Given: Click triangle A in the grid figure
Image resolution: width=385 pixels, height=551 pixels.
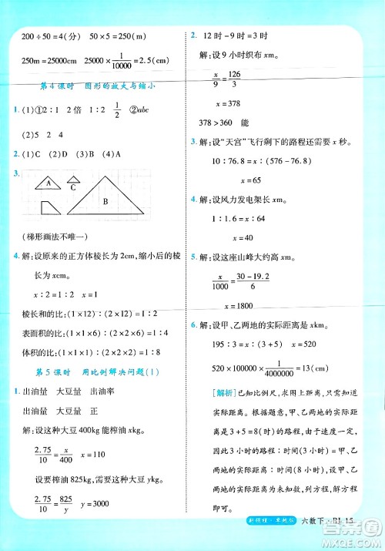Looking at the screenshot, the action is [51, 183].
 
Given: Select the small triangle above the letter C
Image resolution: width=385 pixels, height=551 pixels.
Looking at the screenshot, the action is [75, 179].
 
